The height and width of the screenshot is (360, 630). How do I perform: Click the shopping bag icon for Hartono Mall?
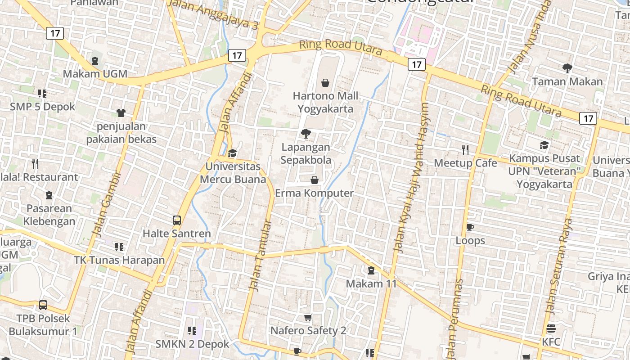(x=325, y=83)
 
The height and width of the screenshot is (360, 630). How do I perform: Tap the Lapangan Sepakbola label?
(x=306, y=153)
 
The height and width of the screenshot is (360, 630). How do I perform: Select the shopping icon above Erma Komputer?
(x=315, y=180)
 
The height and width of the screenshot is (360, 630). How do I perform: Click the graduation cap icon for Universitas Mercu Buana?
(x=232, y=153)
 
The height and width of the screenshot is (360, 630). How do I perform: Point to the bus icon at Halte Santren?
(x=177, y=220)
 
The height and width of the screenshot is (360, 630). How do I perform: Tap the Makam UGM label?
(x=95, y=74)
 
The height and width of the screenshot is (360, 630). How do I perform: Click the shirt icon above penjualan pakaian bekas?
(x=121, y=113)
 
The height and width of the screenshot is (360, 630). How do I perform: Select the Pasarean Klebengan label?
(x=49, y=215)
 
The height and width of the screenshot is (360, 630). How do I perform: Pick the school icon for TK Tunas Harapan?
(x=119, y=247)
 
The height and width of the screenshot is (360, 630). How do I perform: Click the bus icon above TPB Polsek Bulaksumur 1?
(x=43, y=305)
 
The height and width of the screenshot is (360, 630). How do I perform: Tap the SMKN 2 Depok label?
(x=192, y=344)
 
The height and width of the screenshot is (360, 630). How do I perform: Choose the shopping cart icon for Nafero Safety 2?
(x=308, y=318)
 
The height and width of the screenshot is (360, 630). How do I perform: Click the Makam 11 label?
(x=371, y=283)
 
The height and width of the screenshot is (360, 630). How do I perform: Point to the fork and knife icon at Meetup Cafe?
(x=465, y=149)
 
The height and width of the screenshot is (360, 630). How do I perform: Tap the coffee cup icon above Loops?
(x=470, y=227)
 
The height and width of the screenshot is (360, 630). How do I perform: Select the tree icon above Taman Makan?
(x=567, y=68)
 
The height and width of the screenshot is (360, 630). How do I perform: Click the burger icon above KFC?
(x=551, y=328)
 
